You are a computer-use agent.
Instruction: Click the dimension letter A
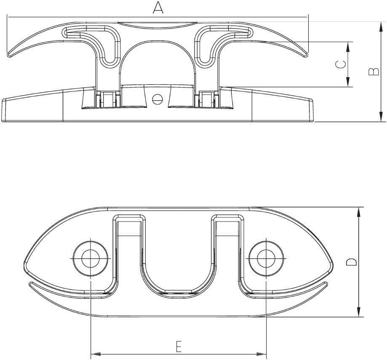point(158,8)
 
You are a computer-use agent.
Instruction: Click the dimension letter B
point(374,72)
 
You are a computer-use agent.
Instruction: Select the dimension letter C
point(340,65)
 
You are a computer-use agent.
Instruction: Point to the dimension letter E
point(179,347)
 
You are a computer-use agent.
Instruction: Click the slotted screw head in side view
point(157,99)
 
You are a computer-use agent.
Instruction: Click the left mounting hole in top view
point(91,259)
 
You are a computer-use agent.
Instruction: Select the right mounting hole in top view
point(266,259)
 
